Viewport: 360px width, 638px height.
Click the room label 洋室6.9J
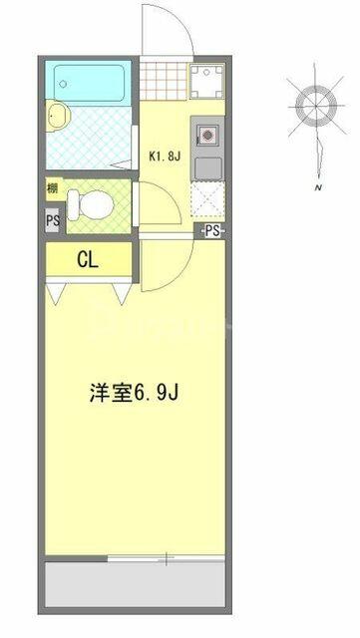pos(135,393)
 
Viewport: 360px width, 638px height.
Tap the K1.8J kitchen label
pos(165,157)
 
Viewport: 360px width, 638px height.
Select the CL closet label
pos(88,260)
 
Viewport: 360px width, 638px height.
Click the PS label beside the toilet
pos(53,221)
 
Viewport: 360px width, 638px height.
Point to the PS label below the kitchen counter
pos(212,231)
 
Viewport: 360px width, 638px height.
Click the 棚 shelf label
pos(52,188)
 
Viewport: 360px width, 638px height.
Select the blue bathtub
pos(89,83)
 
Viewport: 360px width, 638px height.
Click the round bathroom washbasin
pos(58,116)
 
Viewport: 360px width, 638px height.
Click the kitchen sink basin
pos(208,168)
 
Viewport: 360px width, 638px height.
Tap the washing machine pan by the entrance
pos(206,81)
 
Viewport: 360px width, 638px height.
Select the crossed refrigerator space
pos(207,199)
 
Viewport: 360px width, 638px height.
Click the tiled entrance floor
pos(164,81)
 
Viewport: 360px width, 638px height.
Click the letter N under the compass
pos(319,188)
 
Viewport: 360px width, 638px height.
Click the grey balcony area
pos(135,584)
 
